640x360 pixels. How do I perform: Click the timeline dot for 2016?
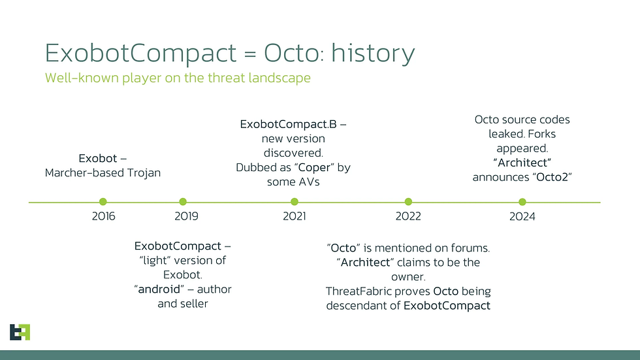(x=103, y=202)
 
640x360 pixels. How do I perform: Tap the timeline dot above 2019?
(x=183, y=202)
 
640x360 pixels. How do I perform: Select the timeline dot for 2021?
(x=295, y=202)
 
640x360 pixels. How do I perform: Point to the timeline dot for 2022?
(x=408, y=202)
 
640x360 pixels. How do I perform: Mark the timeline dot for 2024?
(x=522, y=202)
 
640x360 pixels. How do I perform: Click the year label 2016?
(x=103, y=216)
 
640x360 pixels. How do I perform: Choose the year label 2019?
(x=187, y=216)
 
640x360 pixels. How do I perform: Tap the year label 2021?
(x=295, y=216)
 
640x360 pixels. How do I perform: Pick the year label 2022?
(x=408, y=216)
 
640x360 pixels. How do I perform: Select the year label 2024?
(x=522, y=216)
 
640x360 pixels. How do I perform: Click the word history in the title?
(x=373, y=53)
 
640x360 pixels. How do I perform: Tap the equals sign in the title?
(x=249, y=54)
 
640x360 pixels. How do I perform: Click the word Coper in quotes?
(x=314, y=168)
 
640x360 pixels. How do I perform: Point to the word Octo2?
(x=552, y=177)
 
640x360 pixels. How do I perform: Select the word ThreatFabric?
(x=378, y=291)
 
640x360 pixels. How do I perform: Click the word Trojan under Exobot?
(x=144, y=173)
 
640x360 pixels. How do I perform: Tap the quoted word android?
(x=159, y=289)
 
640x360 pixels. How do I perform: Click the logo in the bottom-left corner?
(x=20, y=333)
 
